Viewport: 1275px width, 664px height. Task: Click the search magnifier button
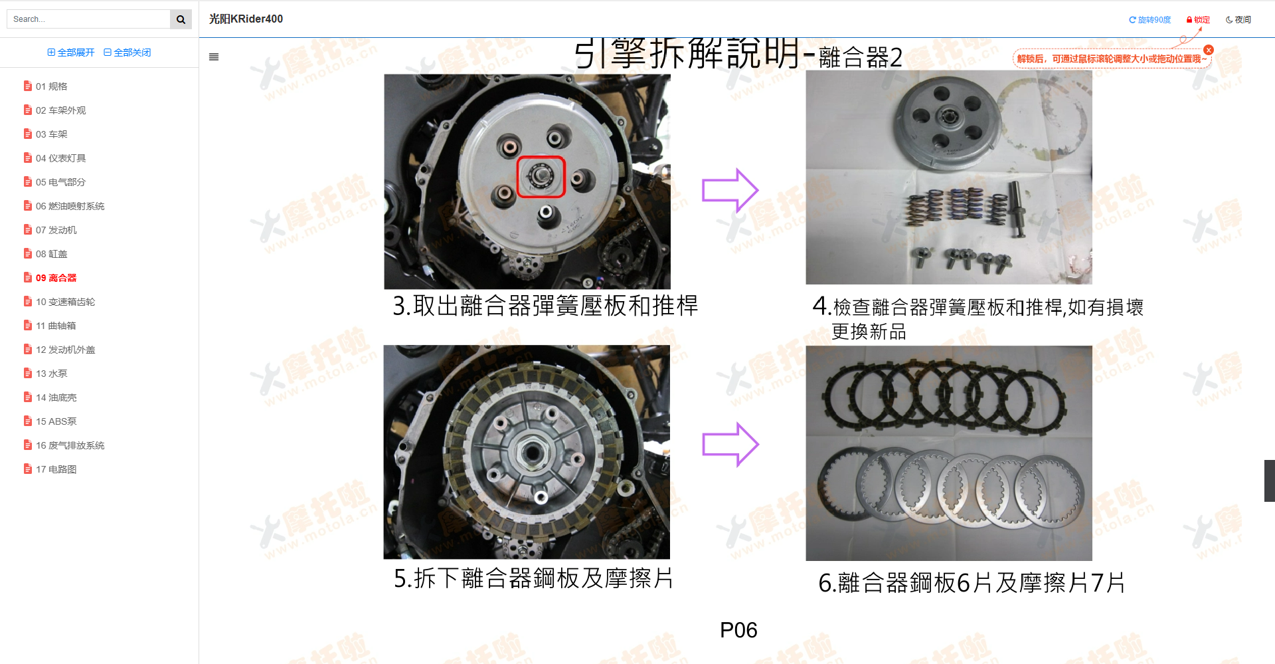coord(181,19)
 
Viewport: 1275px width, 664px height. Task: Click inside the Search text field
coord(89,19)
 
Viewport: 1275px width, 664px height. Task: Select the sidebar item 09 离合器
coord(56,278)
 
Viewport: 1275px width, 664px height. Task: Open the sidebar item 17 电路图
coord(56,469)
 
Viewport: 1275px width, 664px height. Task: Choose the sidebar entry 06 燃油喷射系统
coord(70,206)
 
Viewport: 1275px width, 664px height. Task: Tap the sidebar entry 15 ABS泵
coord(56,421)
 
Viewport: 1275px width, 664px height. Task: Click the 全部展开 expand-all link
coord(71,53)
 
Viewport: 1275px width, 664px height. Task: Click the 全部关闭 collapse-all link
coord(127,53)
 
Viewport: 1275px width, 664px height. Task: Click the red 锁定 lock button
coord(1198,20)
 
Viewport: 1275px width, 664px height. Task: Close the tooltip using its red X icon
coord(1209,50)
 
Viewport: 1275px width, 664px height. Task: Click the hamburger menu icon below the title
coord(214,57)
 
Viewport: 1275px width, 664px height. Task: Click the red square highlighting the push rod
coord(541,177)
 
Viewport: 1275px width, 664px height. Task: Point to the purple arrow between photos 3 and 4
coord(730,190)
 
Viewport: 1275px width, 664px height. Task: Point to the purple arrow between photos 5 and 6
coord(730,444)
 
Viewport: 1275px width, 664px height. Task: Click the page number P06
coord(738,630)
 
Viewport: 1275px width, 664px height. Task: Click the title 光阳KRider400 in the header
coord(246,19)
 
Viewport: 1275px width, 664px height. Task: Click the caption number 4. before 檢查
coord(821,306)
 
